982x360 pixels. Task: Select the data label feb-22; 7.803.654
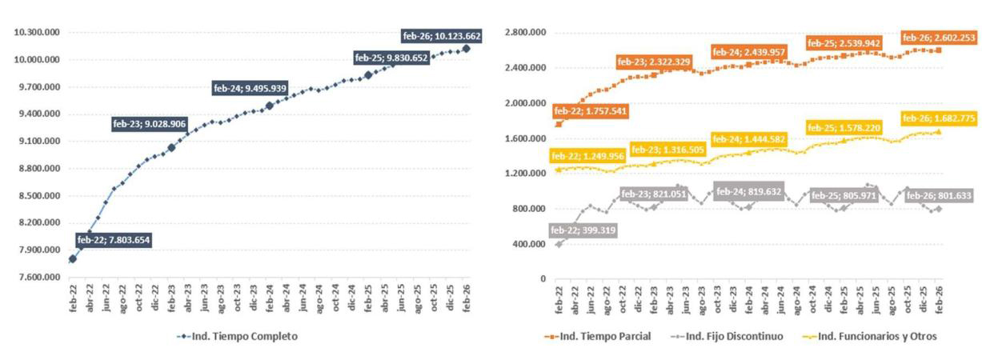click(114, 240)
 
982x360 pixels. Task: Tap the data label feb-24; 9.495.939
click(250, 89)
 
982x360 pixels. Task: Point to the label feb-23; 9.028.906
click(149, 124)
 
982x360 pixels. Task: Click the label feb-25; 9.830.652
click(391, 58)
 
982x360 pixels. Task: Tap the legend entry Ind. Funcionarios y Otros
click(870, 337)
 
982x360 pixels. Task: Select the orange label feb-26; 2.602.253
click(940, 38)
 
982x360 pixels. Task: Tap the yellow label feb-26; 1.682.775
click(940, 118)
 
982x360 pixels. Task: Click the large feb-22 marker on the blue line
click(73, 258)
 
